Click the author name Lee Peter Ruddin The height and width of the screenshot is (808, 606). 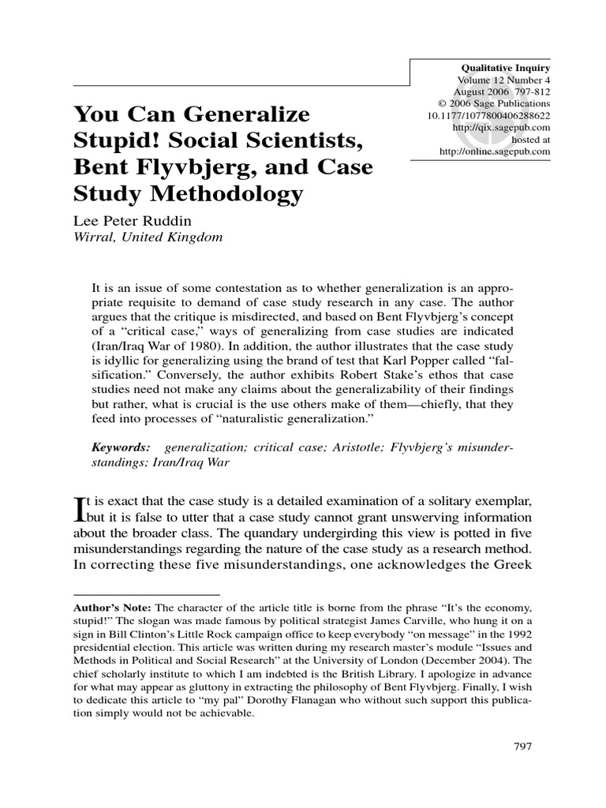coord(130,222)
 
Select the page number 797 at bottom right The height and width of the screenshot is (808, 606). coord(521,746)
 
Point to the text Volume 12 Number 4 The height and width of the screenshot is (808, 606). coord(503,80)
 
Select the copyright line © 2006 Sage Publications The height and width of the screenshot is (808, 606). coord(494,103)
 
